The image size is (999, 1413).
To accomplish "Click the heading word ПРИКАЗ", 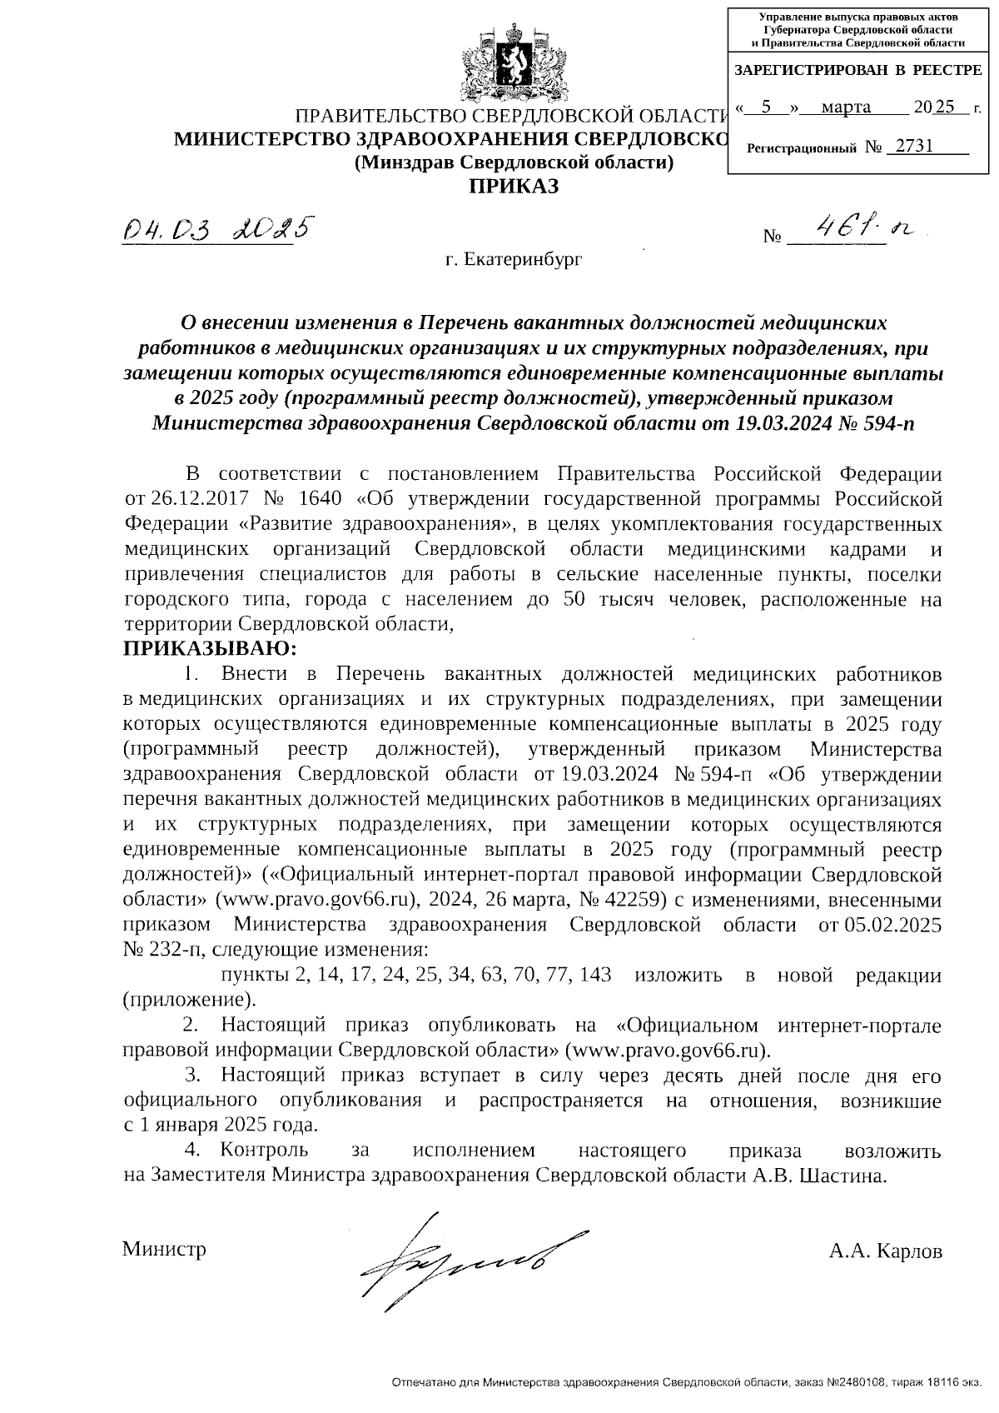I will pos(513,186).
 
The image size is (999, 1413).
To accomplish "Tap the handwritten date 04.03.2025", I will pos(218,227).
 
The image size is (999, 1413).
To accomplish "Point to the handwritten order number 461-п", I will pos(857,228).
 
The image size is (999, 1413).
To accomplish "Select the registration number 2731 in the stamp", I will pos(911,147).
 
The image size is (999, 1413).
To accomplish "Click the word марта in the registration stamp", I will pos(845,107).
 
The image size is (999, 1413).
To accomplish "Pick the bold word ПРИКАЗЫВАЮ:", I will pos(209,648).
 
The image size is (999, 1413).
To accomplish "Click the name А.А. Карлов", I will pos(885,1251).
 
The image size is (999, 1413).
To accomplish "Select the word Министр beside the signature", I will pos(164,1249).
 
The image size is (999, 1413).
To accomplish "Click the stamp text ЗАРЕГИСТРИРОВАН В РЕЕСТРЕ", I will pos(857,71).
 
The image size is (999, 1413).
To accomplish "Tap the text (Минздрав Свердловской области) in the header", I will pos(513,162).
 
